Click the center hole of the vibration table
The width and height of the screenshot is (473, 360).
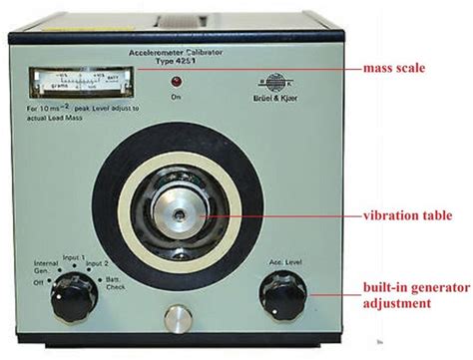tap(181, 210)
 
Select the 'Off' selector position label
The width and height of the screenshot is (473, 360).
tap(37, 284)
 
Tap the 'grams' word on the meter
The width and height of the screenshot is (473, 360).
tap(55, 88)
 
